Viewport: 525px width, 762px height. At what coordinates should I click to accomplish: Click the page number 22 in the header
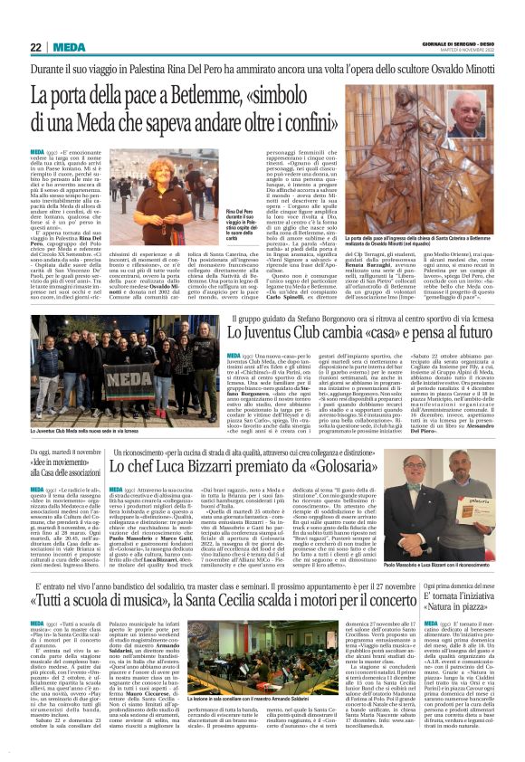click(x=36, y=47)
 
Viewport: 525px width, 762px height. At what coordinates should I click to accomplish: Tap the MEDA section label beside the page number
click(x=70, y=47)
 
